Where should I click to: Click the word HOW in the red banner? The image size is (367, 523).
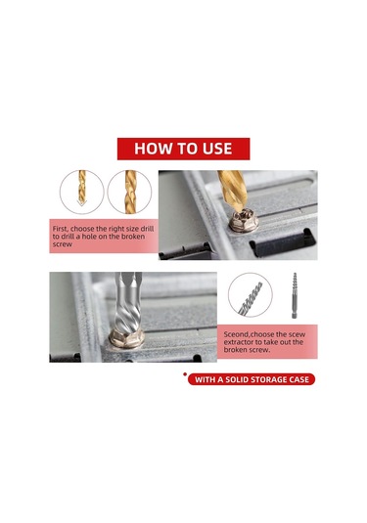[148, 149]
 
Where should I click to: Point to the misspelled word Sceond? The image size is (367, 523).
[236, 334]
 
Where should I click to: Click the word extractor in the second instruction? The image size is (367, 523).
[239, 342]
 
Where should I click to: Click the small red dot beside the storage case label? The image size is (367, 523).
[185, 374]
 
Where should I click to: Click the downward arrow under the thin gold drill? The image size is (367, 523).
[82, 202]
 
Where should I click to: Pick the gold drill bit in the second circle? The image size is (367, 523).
[131, 193]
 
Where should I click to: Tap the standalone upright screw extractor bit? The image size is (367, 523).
[295, 295]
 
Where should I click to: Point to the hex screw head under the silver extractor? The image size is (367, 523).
[126, 338]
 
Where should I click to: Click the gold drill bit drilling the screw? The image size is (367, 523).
[234, 190]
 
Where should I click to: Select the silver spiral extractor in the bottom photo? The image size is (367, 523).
[127, 303]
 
